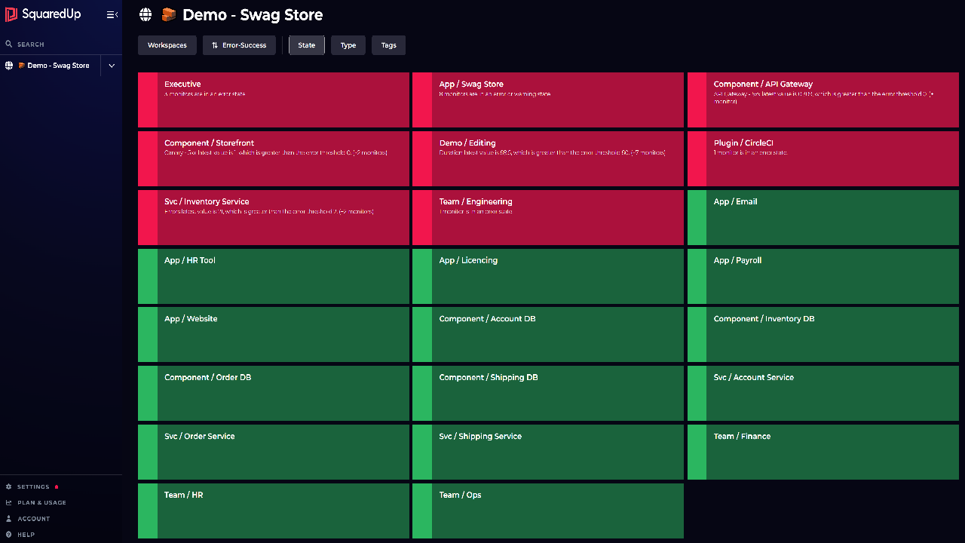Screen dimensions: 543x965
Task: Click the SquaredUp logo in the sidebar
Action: tap(43, 14)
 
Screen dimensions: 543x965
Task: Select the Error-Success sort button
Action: tap(239, 45)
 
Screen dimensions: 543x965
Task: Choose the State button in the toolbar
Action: tap(307, 45)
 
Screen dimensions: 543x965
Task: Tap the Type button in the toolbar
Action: tap(348, 45)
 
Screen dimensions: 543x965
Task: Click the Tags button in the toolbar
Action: tap(389, 45)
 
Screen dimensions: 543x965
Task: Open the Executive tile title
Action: tap(182, 84)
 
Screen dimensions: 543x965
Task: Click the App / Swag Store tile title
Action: tap(471, 84)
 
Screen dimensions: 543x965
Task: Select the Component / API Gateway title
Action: tap(763, 84)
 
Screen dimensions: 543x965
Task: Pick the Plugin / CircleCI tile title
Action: tap(743, 143)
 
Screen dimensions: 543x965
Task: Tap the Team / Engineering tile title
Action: tap(476, 202)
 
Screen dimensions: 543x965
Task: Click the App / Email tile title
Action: tap(735, 202)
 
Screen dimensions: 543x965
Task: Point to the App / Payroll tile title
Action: tap(737, 261)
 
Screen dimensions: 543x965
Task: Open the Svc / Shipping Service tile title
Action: tap(480, 437)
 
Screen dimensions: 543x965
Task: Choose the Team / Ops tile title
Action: tap(460, 495)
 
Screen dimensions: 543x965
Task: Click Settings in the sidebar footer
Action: tap(33, 487)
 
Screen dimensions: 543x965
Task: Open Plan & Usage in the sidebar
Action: tap(41, 503)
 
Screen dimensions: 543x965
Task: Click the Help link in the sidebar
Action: tap(26, 535)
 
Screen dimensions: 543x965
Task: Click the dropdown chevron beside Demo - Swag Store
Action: tap(112, 66)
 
